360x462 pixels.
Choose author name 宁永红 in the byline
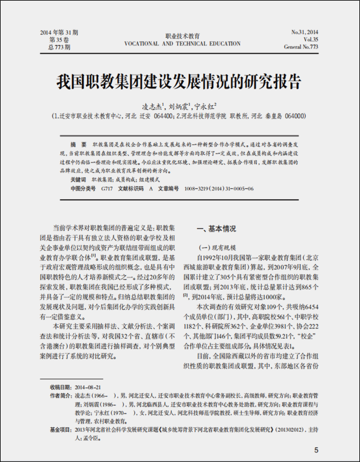point(205,108)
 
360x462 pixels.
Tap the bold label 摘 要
point(78,144)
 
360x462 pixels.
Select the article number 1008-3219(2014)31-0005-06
point(219,188)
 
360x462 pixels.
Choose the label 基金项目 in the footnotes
point(61,430)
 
